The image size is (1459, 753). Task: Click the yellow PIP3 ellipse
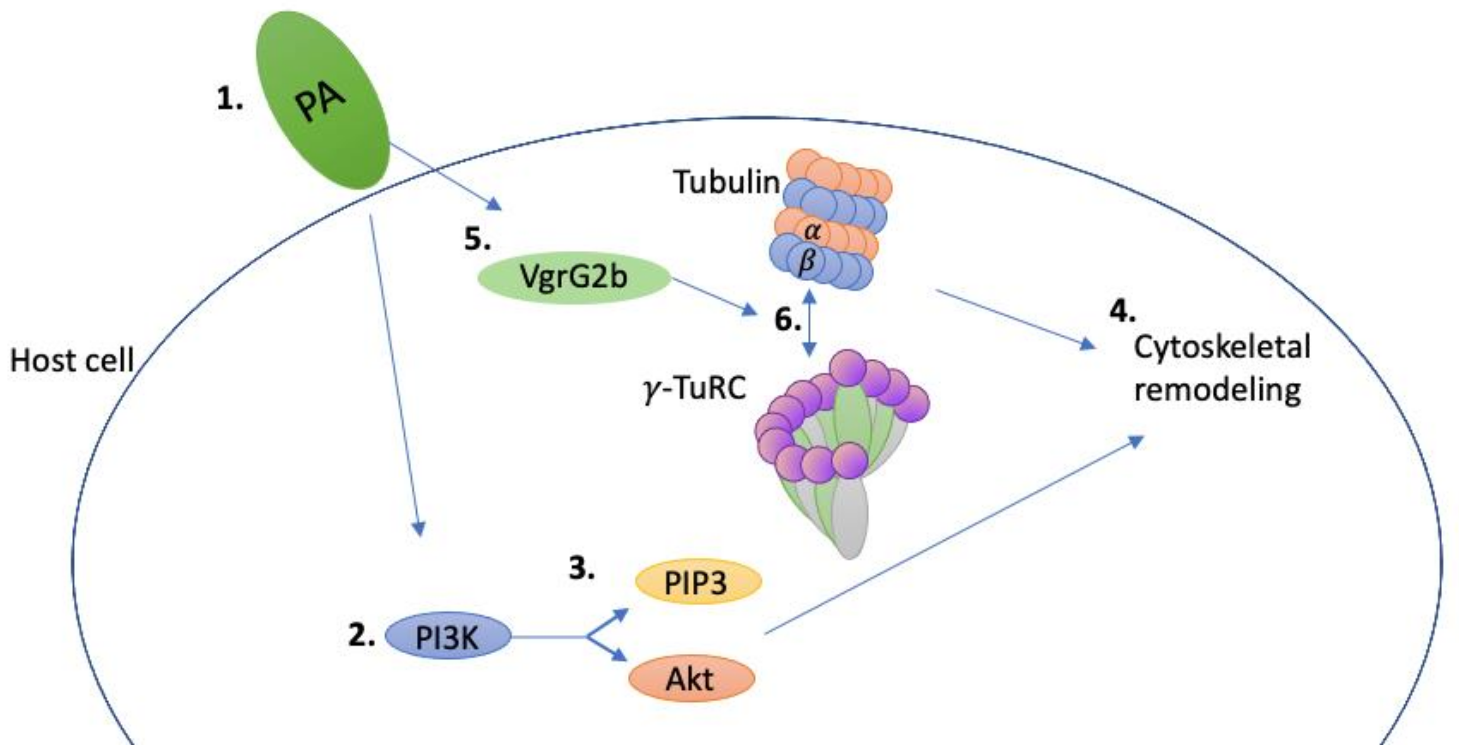pyautogui.click(x=696, y=583)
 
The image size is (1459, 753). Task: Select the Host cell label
pyautogui.click(x=72, y=361)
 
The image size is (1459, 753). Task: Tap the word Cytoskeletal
pyautogui.click(x=1222, y=346)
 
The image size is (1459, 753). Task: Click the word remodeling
pyautogui.click(x=1217, y=390)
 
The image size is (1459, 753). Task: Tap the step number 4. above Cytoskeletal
pyautogui.click(x=1122, y=311)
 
